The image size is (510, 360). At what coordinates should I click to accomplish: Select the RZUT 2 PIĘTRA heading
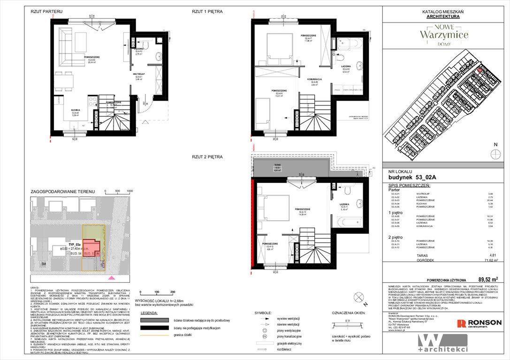(x=207, y=157)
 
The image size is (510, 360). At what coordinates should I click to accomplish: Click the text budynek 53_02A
(x=409, y=178)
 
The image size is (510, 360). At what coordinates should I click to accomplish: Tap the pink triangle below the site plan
(x=111, y=278)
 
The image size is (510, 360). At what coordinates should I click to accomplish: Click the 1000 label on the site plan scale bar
(x=130, y=191)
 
